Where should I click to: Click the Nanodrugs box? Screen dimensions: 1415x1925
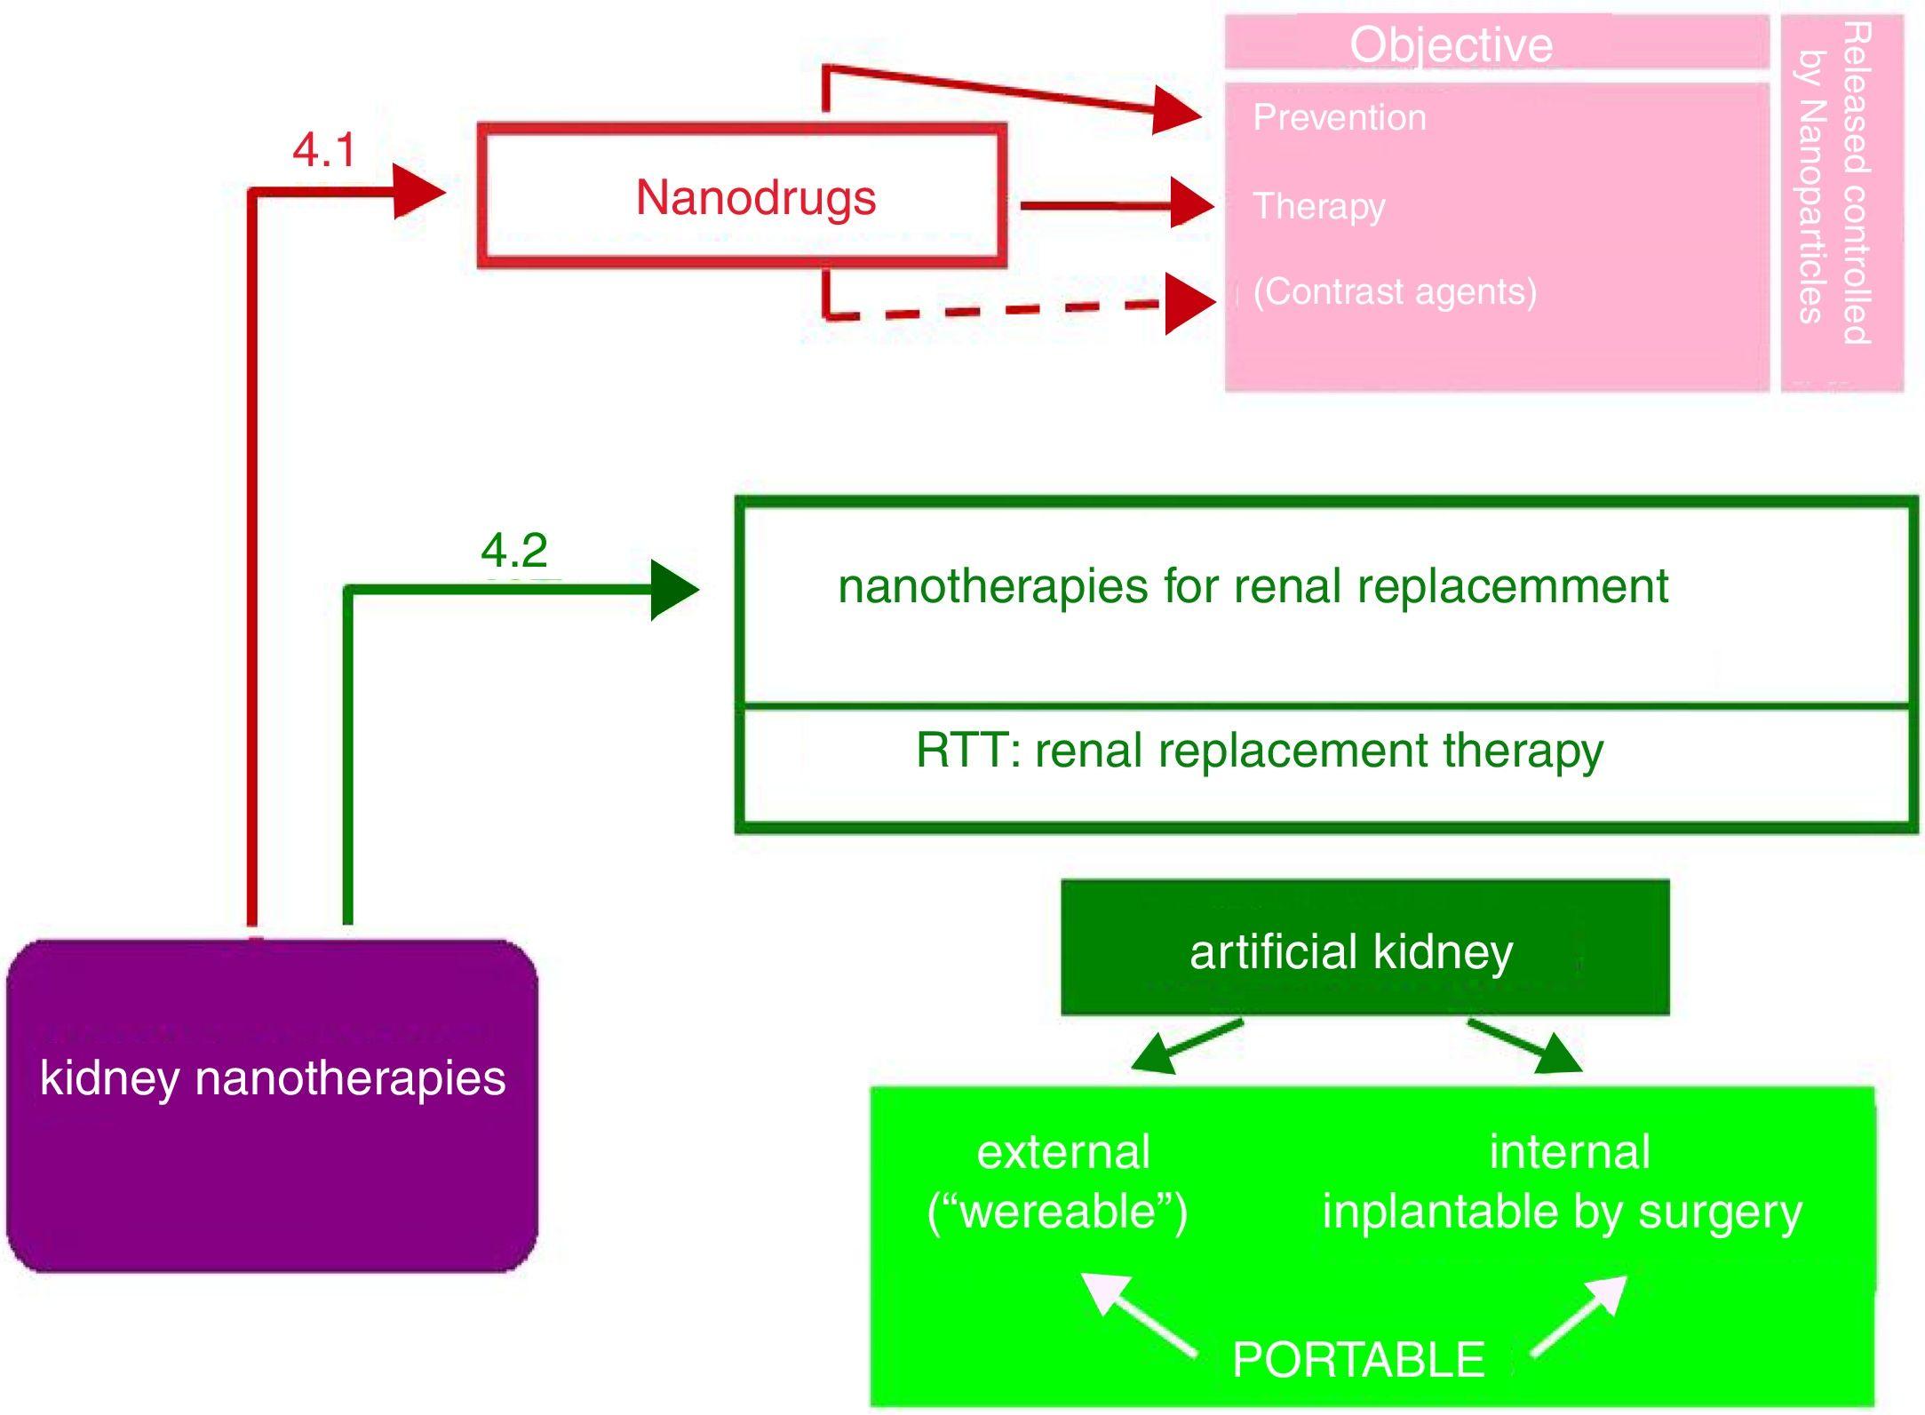(x=742, y=196)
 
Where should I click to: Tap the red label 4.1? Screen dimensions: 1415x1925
(x=323, y=149)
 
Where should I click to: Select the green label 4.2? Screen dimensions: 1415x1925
(x=513, y=551)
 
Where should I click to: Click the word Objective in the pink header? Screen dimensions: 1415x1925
(x=1451, y=44)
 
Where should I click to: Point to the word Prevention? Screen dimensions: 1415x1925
(x=1339, y=117)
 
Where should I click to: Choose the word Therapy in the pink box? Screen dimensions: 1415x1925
(x=1318, y=206)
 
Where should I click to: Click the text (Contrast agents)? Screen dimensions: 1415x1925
(x=1394, y=291)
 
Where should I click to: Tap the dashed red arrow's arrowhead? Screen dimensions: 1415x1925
(x=1189, y=304)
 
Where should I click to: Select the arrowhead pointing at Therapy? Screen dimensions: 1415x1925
(x=1190, y=204)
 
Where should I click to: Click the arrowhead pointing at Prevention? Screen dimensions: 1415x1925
(x=1177, y=111)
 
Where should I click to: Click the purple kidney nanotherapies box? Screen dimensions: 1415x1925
(x=272, y=1105)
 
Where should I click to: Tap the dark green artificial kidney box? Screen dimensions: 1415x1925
(x=1364, y=948)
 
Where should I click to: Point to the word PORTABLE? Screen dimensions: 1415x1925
(x=1357, y=1359)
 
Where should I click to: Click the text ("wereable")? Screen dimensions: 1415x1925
(x=1056, y=1212)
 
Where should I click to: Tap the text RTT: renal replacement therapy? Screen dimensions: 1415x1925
(x=1259, y=751)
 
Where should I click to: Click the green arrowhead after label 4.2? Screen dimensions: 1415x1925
(x=673, y=589)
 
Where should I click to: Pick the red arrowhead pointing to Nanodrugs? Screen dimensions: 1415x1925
(x=418, y=191)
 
